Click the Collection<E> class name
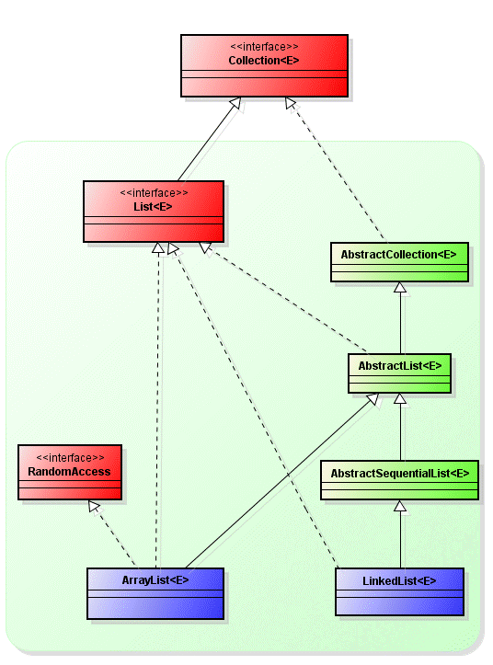(x=263, y=61)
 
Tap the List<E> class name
(x=153, y=207)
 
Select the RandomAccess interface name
(x=69, y=472)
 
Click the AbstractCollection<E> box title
(x=399, y=255)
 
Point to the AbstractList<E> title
(x=400, y=365)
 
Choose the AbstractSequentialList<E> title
(x=400, y=474)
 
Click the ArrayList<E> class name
(x=155, y=580)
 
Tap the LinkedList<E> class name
(x=399, y=581)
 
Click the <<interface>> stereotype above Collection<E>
(x=264, y=47)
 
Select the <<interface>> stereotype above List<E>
(x=154, y=193)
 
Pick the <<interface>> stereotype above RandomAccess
(x=70, y=458)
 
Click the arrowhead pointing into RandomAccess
(x=93, y=505)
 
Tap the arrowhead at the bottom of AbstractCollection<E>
(x=400, y=288)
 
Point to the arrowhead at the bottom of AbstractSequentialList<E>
(x=400, y=506)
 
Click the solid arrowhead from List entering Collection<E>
(x=235, y=103)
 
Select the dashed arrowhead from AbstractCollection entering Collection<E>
(x=290, y=102)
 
